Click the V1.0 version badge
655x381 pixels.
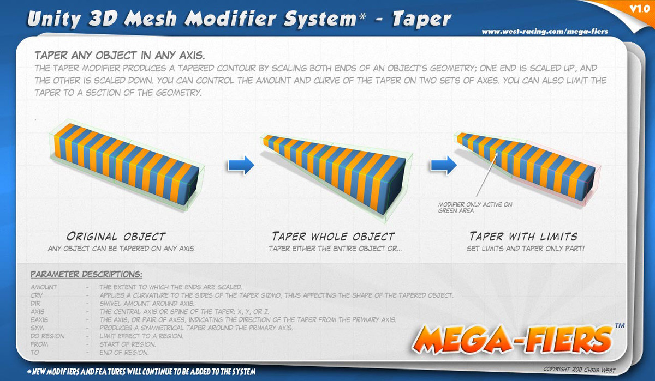coord(640,9)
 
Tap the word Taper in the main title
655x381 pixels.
coord(421,19)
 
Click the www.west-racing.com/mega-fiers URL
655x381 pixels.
coord(545,32)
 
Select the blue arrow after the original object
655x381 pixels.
coord(241,165)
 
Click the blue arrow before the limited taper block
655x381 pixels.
coord(443,165)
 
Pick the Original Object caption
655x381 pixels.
coord(116,236)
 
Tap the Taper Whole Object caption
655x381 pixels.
coord(334,236)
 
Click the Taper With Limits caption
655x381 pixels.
coord(523,236)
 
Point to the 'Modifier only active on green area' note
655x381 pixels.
coord(475,208)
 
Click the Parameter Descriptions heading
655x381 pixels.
coord(86,274)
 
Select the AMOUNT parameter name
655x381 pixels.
coord(44,287)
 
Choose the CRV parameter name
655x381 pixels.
coord(37,295)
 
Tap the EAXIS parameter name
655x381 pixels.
coord(39,320)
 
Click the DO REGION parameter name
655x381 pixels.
coord(47,336)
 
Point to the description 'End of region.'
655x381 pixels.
coord(124,353)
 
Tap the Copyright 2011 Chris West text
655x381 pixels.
coord(579,370)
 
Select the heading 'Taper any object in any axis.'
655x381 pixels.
coord(120,55)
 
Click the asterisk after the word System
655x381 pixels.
coord(362,16)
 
